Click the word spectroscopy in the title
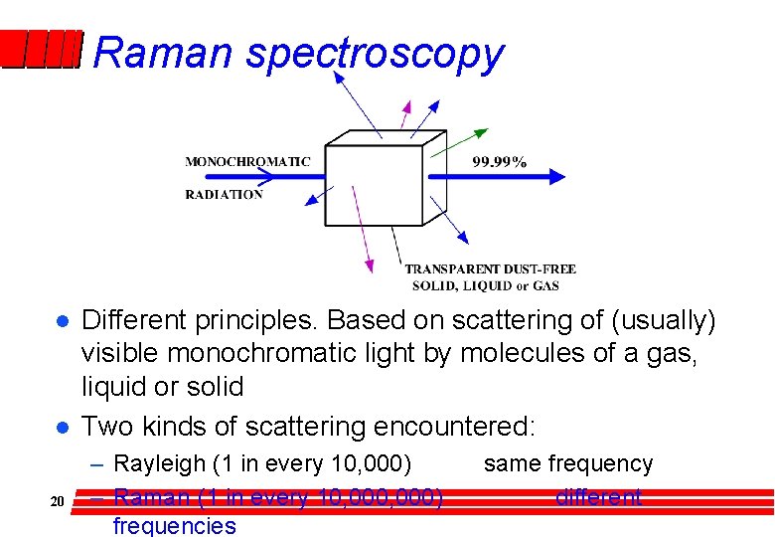click(375, 54)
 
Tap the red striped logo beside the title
click(40, 49)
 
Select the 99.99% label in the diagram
click(499, 162)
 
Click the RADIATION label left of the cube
click(224, 195)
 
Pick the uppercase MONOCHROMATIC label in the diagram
click(247, 161)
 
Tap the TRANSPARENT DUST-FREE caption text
click(490, 269)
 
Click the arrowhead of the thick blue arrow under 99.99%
click(556, 177)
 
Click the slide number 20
click(57, 501)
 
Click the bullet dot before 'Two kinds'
click(61, 428)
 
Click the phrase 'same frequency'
click(568, 463)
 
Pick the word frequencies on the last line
click(175, 525)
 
